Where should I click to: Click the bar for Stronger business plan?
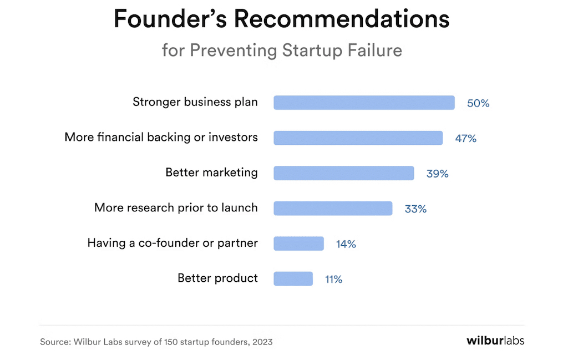coord(364,103)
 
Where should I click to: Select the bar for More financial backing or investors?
coord(358,138)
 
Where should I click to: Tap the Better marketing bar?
coord(343,173)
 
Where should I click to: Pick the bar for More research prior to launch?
coord(333,208)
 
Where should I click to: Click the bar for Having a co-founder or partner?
coord(298,244)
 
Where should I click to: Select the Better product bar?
coord(293,278)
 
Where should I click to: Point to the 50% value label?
coord(478,103)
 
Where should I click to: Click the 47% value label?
coord(466,138)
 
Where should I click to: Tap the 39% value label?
coord(437,174)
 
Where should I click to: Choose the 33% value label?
coord(415,209)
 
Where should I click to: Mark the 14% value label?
coord(346,244)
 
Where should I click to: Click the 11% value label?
coord(334,280)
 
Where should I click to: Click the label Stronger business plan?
coord(195,102)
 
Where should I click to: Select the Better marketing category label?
coord(211,173)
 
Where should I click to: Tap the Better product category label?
coord(217,278)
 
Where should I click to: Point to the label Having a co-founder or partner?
coord(173,243)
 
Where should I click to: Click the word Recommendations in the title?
coord(341,19)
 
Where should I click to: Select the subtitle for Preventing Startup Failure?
coord(282,50)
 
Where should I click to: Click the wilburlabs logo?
coord(495,340)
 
